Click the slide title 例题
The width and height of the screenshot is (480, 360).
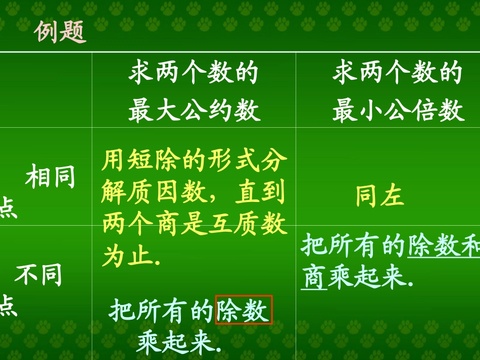[x=60, y=32]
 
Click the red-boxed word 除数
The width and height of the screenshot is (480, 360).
[x=244, y=310]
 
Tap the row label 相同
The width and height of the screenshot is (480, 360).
[x=50, y=177]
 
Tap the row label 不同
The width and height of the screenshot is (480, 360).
[x=38, y=274]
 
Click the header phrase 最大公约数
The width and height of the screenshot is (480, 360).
[x=194, y=110]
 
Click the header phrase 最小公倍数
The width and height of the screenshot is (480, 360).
[x=398, y=110]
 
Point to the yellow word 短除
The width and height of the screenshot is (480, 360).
[x=147, y=162]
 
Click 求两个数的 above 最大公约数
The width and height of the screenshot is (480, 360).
[x=194, y=73]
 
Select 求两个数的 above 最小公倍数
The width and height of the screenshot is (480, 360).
[x=398, y=73]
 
